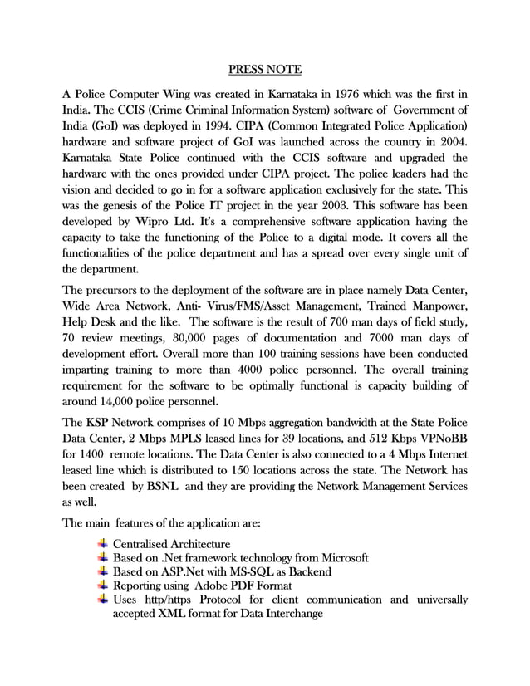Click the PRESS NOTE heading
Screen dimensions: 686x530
pos(265,68)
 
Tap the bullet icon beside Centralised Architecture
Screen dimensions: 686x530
pos(102,543)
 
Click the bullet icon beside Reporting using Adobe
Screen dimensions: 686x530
pos(102,586)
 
